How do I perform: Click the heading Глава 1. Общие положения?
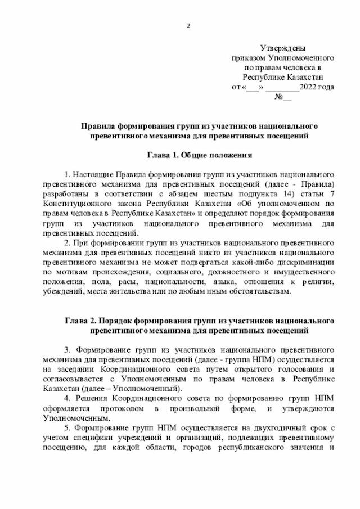coord(199,155)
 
